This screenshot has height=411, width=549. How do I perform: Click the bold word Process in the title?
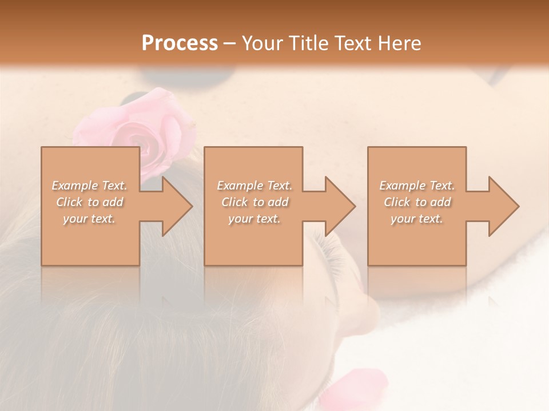point(180,43)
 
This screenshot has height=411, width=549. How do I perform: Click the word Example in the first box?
point(74,186)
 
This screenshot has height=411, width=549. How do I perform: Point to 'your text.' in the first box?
point(89,219)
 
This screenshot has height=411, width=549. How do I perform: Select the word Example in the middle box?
point(240,186)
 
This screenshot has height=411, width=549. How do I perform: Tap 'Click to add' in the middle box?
point(254,202)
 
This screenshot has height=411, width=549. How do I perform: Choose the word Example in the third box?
point(402,186)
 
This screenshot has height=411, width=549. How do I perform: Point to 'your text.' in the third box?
point(417,219)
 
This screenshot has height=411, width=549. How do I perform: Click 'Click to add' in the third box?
point(417,202)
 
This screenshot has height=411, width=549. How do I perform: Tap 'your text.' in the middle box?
point(254,219)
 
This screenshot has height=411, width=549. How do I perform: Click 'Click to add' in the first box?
point(89,202)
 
